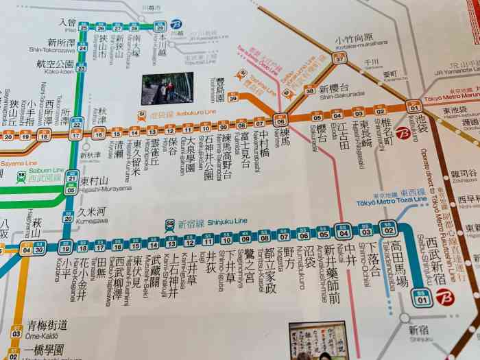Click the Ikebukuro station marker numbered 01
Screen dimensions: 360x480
point(413,106)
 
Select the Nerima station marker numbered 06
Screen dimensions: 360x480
point(280,120)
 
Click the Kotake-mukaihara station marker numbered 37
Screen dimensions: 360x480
point(338,59)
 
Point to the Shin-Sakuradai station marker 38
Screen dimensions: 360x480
point(310,90)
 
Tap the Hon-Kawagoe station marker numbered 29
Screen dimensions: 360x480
point(160,27)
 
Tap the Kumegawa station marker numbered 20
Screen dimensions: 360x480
point(67,217)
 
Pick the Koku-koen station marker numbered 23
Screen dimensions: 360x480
point(81,68)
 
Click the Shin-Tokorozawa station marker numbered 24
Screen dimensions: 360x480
point(82,47)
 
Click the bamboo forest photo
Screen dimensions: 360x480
point(167,88)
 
